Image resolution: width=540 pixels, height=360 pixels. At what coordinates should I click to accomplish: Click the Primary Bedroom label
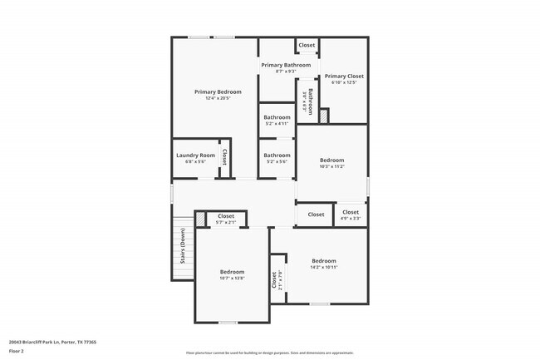point(218,91)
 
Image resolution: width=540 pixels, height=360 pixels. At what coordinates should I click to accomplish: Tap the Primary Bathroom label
point(286,65)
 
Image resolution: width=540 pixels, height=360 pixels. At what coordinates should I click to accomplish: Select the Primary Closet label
point(344,76)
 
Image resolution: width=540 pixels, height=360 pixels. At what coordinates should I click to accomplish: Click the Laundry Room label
point(195,155)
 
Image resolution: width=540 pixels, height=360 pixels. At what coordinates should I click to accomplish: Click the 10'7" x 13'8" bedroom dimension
point(232,279)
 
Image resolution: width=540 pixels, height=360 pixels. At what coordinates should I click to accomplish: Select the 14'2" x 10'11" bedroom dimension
point(324,267)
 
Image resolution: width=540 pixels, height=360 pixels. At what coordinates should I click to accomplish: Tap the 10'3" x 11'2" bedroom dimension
point(331,166)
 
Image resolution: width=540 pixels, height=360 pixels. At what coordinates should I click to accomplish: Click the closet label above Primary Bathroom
point(307,45)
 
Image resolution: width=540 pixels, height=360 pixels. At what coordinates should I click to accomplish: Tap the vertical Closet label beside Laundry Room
point(223,156)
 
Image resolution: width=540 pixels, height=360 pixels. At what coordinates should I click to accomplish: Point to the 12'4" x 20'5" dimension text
point(218,98)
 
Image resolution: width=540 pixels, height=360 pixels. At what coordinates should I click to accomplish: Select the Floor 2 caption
point(16,351)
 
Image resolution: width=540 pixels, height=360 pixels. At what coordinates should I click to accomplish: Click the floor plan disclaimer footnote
point(269,353)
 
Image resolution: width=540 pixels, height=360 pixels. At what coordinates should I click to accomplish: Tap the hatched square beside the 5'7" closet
point(200,219)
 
